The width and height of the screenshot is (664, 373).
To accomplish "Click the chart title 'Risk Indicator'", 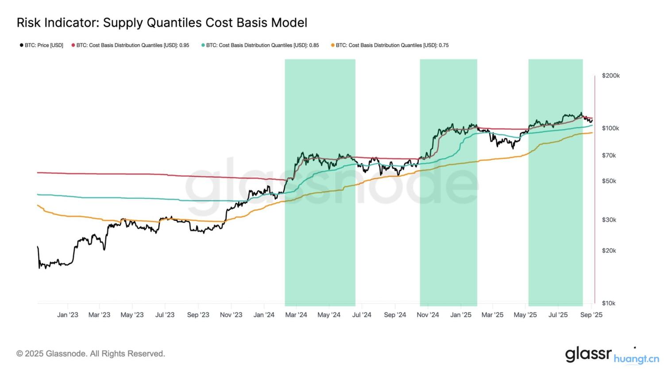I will (162, 23).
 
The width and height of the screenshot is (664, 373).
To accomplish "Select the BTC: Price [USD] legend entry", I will (41, 45).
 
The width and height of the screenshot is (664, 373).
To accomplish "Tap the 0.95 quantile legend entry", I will (131, 45).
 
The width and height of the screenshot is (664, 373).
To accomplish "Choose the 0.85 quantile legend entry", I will (260, 45).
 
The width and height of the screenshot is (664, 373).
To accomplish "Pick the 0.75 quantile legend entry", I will (390, 45).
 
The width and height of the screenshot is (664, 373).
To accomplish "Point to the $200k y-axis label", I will (610, 76).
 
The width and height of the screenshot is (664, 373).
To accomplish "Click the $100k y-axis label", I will (610, 128).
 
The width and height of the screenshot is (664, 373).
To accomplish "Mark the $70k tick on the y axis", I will (609, 155).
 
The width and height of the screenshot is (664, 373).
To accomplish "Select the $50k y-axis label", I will (609, 181).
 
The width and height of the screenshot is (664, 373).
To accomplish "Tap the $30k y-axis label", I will (609, 220).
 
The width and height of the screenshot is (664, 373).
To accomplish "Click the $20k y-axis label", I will (609, 250).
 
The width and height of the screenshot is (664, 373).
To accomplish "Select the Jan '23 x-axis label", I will (68, 315).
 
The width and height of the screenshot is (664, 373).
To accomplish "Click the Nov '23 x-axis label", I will (231, 315).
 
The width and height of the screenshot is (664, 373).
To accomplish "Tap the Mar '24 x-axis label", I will (296, 315).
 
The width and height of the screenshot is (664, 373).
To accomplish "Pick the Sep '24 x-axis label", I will (395, 315).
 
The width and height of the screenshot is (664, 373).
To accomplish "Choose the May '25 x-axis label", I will (525, 315).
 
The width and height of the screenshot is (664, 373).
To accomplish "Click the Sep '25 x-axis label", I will (591, 315).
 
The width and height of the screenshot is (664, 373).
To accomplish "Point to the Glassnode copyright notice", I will (91, 354).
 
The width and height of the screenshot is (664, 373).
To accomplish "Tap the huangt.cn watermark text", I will (637, 359).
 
